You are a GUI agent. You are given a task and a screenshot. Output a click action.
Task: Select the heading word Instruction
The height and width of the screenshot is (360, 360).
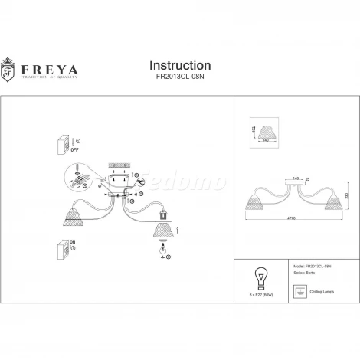coord(178,66)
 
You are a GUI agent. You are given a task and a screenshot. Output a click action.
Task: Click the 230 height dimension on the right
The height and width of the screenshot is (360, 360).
coord(349,195)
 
